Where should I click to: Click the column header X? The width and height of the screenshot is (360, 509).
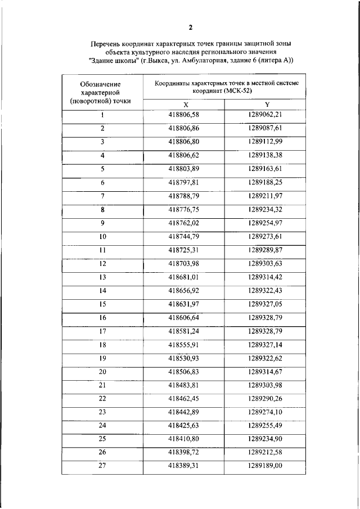click(x=186, y=105)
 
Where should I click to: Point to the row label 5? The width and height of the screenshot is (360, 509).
click(x=102, y=169)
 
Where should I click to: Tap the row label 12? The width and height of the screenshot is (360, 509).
click(x=102, y=263)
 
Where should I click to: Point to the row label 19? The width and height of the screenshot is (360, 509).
click(x=102, y=358)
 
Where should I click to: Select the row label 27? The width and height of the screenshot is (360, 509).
click(x=102, y=466)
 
